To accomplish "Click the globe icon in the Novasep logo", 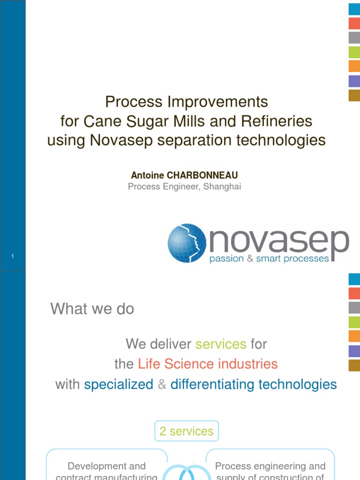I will [187, 242].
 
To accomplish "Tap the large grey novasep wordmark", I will [279, 240].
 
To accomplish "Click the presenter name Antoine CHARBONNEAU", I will [184, 175].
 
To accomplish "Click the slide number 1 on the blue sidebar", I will [13, 256].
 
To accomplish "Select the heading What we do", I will [92, 309].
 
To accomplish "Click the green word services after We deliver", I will [221, 344].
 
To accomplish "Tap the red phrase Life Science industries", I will [208, 364].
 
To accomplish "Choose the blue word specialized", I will [119, 384].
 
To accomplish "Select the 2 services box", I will [186, 431].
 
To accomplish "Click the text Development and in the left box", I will [107, 466].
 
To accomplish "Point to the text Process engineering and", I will [270, 466].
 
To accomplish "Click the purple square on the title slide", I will [354, 81].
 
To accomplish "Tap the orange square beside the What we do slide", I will [354, 336].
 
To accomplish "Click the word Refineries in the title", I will [276, 121].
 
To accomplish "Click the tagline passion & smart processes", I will [269, 258].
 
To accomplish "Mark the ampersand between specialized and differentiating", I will [162, 384].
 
